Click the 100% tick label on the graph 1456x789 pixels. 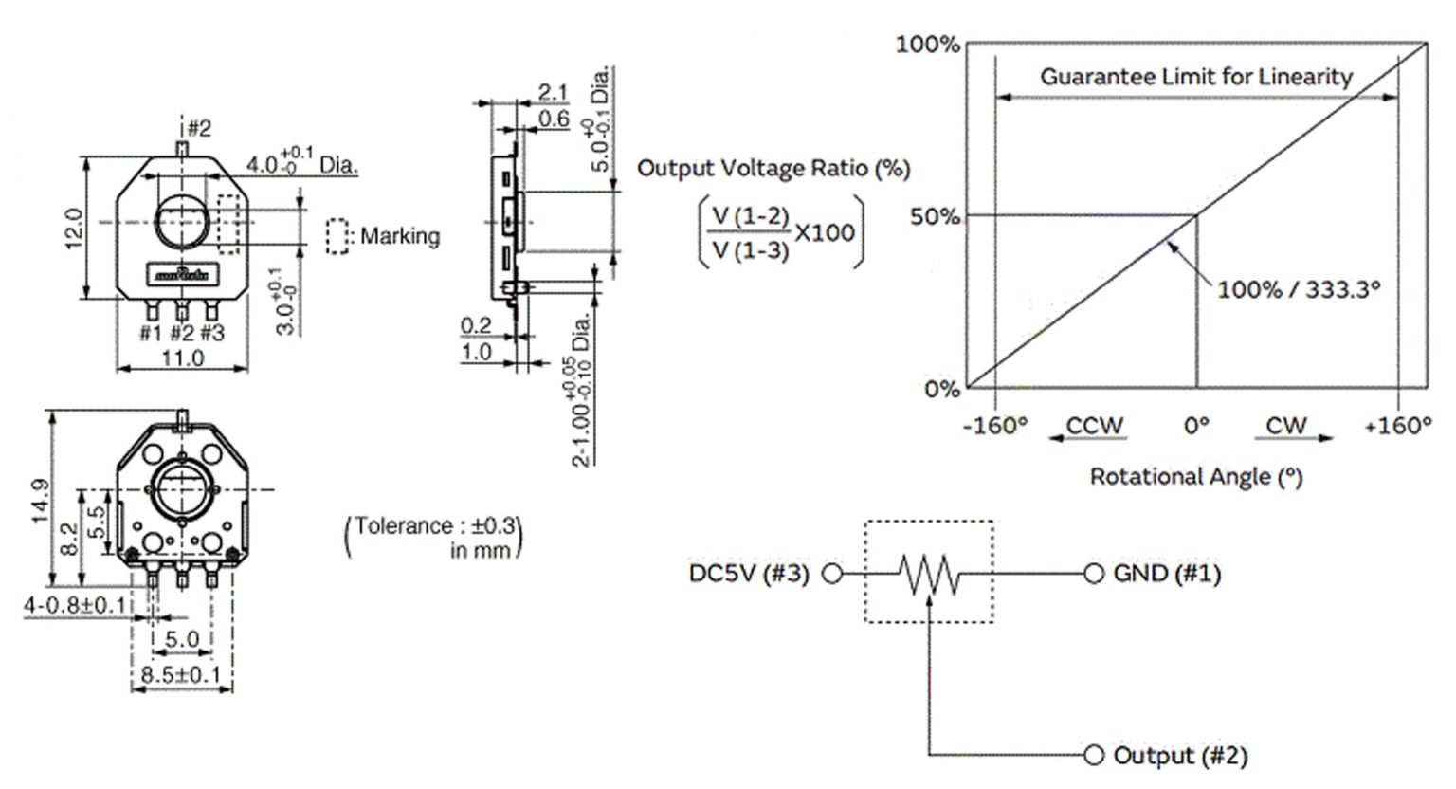[x=928, y=45]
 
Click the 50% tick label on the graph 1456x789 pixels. [x=935, y=216]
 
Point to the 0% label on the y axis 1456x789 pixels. [x=942, y=389]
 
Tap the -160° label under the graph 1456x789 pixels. [x=995, y=426]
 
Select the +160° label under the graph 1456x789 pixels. [x=1397, y=426]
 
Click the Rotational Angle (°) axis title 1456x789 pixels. [x=1196, y=477]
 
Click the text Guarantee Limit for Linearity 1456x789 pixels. [x=1196, y=77]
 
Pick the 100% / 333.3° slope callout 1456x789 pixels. [x=1298, y=289]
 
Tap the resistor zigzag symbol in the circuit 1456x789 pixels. [x=929, y=575]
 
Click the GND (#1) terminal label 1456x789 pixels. [x=1167, y=574]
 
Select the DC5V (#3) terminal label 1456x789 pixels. [x=749, y=574]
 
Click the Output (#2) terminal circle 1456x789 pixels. [x=1094, y=755]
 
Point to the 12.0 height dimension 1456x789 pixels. [x=73, y=229]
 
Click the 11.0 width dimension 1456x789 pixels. [x=183, y=358]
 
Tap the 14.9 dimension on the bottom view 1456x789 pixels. [x=40, y=501]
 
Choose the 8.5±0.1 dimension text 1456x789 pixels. [x=181, y=674]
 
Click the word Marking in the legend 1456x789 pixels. [x=400, y=236]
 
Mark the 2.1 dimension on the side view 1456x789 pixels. [x=553, y=92]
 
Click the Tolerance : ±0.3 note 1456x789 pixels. [x=434, y=525]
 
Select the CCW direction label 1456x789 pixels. [x=1095, y=426]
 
